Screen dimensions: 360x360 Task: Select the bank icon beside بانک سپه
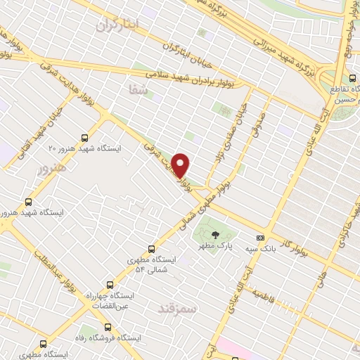click(261, 238)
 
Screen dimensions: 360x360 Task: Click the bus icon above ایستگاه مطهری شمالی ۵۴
click(151, 249)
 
